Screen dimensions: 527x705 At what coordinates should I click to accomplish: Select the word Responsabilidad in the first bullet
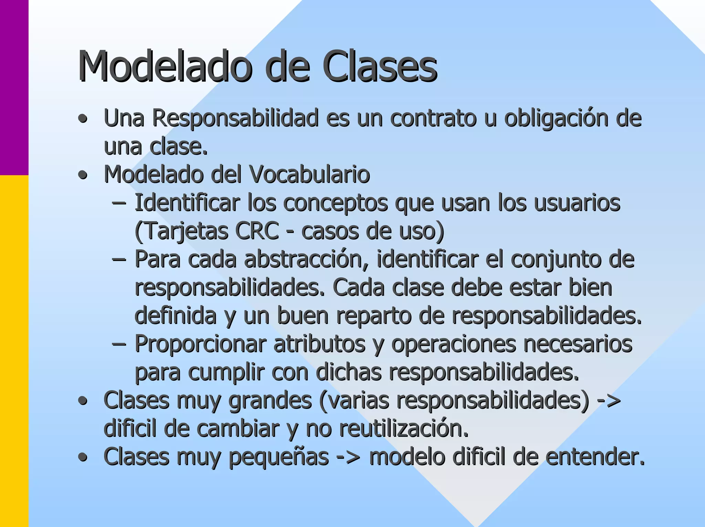[235, 118]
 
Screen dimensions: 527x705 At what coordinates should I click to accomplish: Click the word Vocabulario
[309, 175]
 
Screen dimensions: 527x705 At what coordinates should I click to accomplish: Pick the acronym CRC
[257, 231]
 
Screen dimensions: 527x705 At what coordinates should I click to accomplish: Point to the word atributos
[319, 344]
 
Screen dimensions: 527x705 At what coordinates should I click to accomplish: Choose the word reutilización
[404, 429]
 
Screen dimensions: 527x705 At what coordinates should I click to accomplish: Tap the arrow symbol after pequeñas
[348, 457]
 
